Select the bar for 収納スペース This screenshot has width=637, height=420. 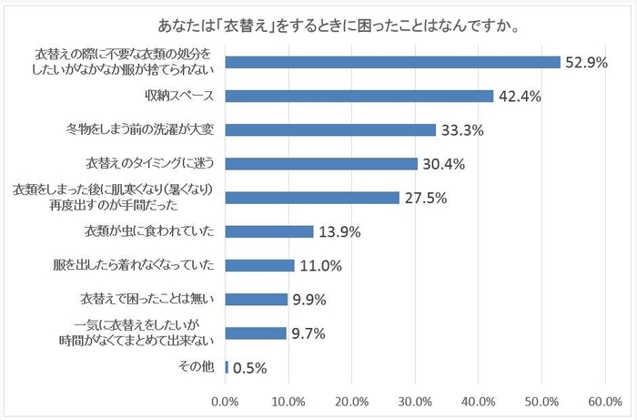point(359,96)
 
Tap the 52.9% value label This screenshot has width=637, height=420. point(586,63)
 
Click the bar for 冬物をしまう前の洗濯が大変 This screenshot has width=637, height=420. point(330,129)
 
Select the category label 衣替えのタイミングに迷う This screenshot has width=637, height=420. point(149,164)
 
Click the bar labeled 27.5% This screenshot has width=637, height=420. point(312,198)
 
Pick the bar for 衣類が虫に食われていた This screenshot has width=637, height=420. point(268,231)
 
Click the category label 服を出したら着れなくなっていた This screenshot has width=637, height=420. point(135,265)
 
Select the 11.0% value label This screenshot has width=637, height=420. point(320,266)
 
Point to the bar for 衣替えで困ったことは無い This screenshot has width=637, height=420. point(256,299)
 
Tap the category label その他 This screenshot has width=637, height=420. point(197,367)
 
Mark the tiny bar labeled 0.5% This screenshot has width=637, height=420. point(227,367)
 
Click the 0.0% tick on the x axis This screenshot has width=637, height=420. point(225,401)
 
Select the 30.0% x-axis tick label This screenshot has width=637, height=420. point(415,401)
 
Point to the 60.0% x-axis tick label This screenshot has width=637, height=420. point(605,401)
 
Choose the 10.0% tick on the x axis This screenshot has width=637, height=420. point(288,401)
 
